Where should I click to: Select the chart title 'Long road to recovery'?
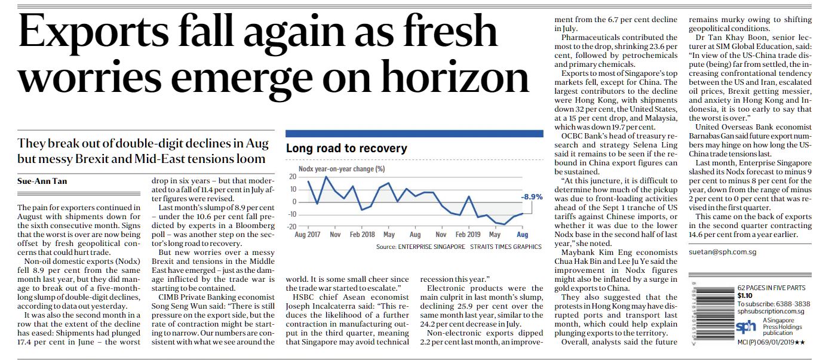click(346, 148)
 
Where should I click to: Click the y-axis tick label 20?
click(292, 177)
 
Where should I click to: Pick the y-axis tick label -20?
click(291, 226)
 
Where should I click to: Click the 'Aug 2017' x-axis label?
click(308, 235)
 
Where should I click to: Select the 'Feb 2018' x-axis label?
click(362, 235)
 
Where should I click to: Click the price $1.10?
click(745, 295)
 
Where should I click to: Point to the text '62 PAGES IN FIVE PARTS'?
click(775, 287)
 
